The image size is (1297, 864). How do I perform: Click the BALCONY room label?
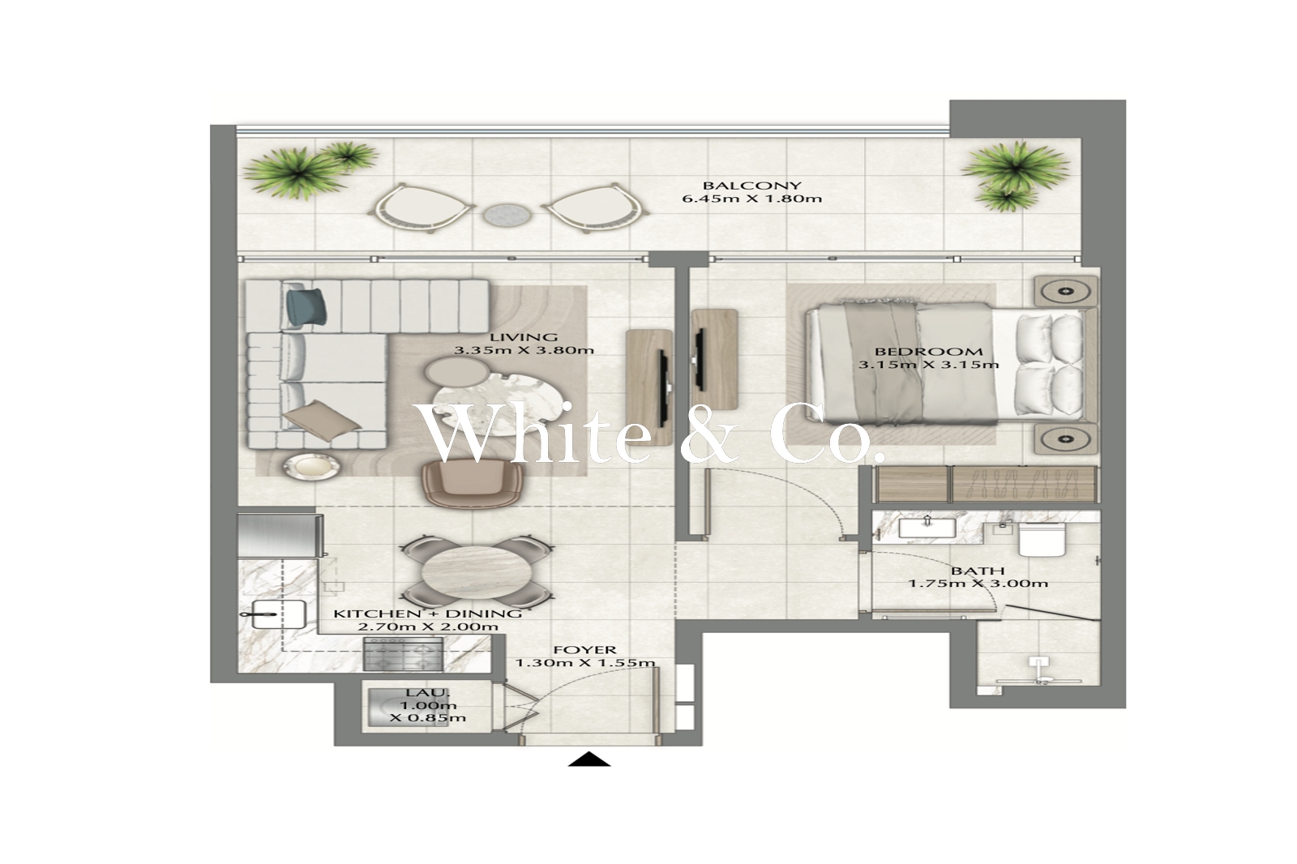pos(751,186)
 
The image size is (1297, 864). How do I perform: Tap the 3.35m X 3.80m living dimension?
pos(524,350)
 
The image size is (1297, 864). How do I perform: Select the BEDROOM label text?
pos(928,352)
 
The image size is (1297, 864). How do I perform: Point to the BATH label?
pos(978,571)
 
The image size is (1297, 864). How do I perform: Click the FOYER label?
pos(584,650)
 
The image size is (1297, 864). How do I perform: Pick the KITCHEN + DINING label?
pos(428,614)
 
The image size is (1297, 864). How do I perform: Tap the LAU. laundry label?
pos(428,692)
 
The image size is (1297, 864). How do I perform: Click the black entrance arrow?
pos(589,759)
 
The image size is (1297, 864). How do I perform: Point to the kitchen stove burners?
pos(403,654)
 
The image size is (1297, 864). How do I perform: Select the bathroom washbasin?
pos(927,528)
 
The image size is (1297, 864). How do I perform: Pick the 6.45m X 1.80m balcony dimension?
pos(751,199)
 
